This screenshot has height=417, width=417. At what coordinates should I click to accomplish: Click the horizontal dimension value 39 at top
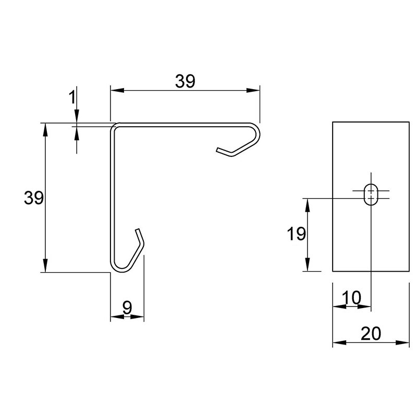tap(185, 81)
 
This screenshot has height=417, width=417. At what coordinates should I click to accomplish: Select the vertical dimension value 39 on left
tap(34, 198)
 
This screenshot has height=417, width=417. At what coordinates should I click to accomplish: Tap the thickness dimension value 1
tap(72, 97)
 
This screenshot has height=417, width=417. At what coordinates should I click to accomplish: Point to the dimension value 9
tap(127, 308)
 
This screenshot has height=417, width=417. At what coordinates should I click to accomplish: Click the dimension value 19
tap(296, 234)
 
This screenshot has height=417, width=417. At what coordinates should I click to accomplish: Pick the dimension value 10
tap(351, 298)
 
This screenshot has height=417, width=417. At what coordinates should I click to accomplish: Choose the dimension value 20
tap(371, 334)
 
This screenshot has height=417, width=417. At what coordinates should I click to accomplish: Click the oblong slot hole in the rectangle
tap(371, 194)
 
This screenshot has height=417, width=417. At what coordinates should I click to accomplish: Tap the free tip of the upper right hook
tap(217, 150)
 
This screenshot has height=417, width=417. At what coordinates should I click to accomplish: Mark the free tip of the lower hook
tap(137, 230)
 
